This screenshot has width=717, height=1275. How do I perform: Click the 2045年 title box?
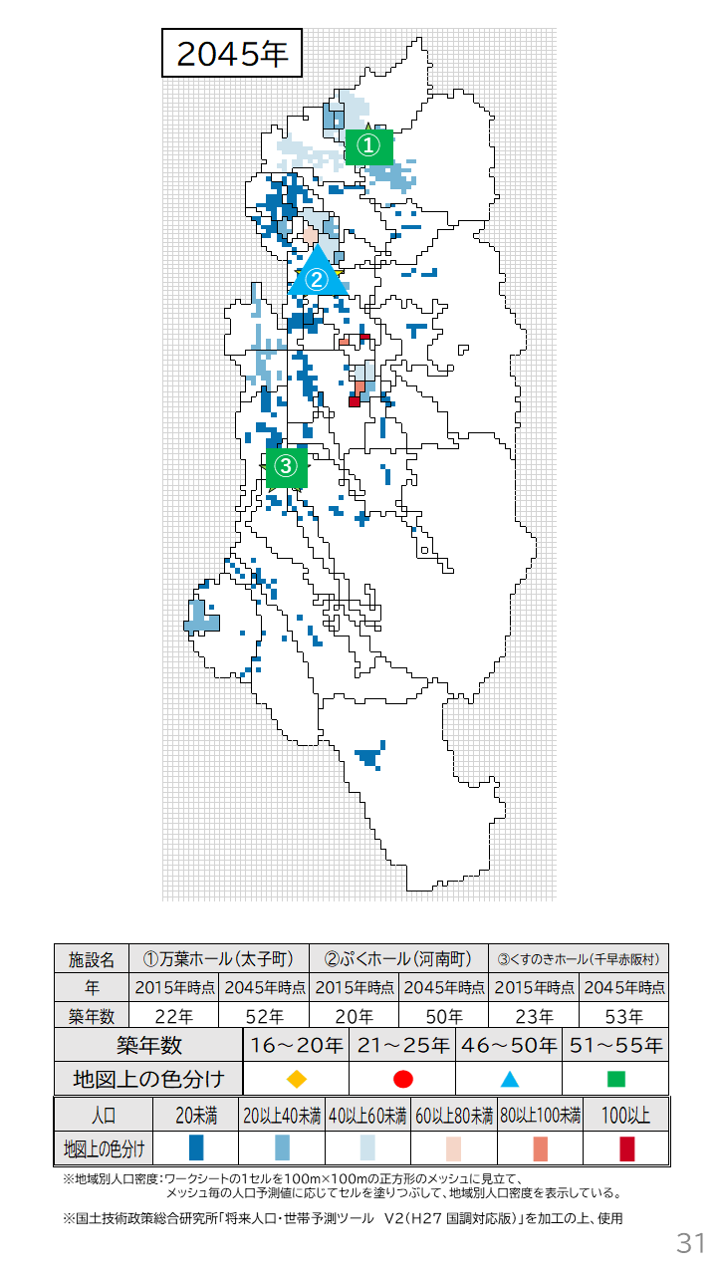[x=232, y=54]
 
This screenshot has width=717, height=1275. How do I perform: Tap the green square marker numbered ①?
[x=368, y=146]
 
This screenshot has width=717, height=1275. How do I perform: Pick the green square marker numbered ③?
[x=286, y=465]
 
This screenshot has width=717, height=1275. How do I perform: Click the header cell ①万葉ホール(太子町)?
[x=219, y=959]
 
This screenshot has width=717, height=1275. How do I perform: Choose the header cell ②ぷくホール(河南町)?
[x=398, y=959]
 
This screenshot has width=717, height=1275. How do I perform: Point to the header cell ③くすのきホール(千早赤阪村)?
[x=579, y=959]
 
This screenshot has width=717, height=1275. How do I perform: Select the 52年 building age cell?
[x=264, y=1017]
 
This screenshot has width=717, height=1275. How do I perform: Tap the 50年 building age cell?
[x=444, y=1017]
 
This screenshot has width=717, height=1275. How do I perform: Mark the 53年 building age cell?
[x=623, y=1017]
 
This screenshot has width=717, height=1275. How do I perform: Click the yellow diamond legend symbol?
[x=296, y=1079]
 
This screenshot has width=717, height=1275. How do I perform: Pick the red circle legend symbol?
[x=402, y=1079]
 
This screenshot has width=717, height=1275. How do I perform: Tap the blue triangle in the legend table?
[x=509, y=1079]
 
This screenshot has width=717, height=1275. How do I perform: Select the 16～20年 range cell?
[x=296, y=1046]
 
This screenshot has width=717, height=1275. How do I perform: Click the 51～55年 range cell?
[x=615, y=1046]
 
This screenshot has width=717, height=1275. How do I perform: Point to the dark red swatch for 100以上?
[x=626, y=1148]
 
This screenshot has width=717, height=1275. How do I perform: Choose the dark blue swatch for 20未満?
[x=195, y=1148]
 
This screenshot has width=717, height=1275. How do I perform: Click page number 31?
[x=690, y=1242]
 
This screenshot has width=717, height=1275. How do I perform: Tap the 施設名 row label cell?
[x=92, y=959]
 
